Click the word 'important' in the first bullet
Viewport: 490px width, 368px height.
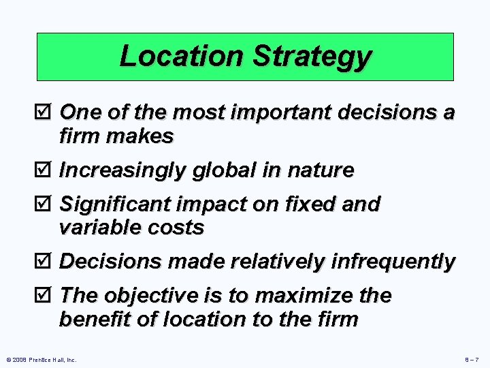pos(284,112)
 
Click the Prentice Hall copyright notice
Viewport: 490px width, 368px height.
pos(41,359)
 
